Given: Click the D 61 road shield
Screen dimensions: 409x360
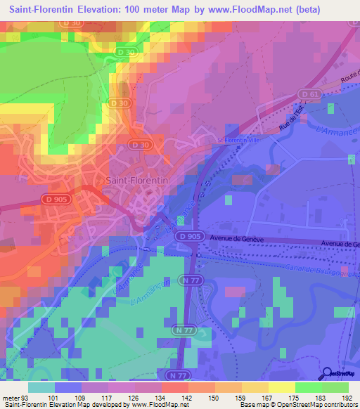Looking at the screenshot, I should click(304, 94).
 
